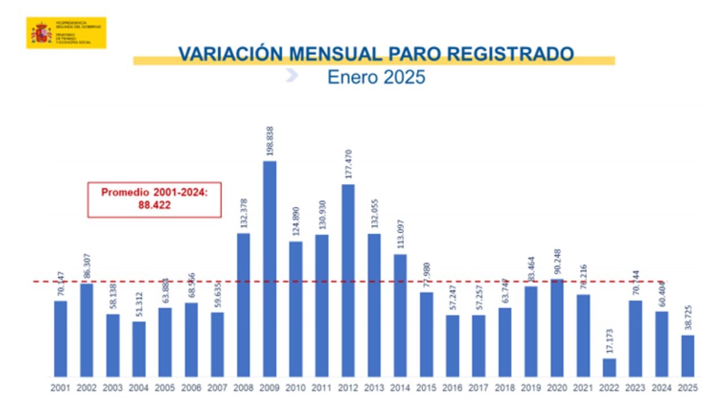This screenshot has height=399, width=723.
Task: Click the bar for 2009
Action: pyautogui.click(x=270, y=269)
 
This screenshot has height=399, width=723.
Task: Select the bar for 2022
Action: pyautogui.click(x=609, y=367)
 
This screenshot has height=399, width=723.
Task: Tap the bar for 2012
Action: pyautogui.click(x=348, y=280)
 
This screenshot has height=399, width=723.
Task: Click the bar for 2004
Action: pyautogui.click(x=139, y=349)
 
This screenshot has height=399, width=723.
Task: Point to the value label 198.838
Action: pyautogui.click(x=270, y=141)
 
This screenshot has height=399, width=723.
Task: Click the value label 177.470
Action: pyautogui.click(x=348, y=165)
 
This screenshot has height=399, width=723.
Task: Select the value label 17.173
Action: pyautogui.click(x=609, y=341)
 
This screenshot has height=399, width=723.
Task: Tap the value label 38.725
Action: pyautogui.click(x=687, y=318)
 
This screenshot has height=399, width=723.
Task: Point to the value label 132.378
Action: pyautogui.click(x=244, y=213)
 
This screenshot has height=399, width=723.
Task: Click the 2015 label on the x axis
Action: pyautogui.click(x=426, y=388)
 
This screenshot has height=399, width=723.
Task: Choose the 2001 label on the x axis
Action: pyautogui.click(x=61, y=388)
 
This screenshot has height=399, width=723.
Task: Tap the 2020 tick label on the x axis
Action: pyautogui.click(x=557, y=388)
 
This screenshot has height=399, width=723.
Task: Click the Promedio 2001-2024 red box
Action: pyautogui.click(x=154, y=199)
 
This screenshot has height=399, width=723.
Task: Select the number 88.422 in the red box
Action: pyautogui.click(x=154, y=206)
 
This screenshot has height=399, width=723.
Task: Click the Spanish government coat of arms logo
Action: pyautogui.click(x=41, y=33)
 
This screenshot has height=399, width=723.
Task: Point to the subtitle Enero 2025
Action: pyautogui.click(x=376, y=76)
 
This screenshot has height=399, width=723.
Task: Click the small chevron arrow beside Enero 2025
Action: pyautogui.click(x=291, y=75)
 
